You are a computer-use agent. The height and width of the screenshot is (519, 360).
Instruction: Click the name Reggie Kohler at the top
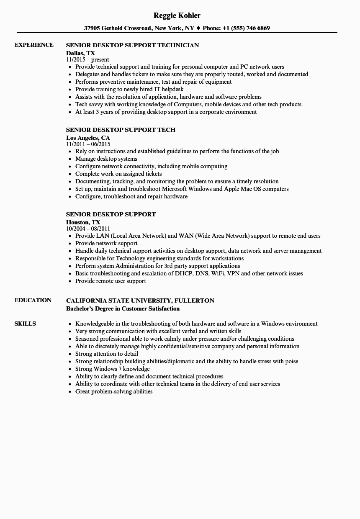177,15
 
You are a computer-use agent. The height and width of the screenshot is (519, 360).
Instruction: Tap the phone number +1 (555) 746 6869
246,28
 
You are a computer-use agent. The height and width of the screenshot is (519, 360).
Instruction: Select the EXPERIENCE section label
34,45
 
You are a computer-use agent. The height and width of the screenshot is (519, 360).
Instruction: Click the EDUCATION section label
33,300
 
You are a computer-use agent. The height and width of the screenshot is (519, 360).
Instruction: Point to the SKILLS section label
25,324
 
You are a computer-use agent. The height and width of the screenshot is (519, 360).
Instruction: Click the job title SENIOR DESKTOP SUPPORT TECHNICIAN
133,45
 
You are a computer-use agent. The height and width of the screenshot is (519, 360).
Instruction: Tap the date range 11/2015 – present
88,60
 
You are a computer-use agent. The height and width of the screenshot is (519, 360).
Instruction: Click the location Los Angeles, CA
88,137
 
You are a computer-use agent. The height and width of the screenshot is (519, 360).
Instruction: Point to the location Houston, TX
83,222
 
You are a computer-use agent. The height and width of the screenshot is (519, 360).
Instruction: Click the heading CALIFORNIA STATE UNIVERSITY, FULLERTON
140,300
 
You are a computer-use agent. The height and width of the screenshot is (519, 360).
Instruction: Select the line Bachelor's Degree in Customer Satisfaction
123,308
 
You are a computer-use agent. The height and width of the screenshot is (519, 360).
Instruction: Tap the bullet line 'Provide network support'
106,243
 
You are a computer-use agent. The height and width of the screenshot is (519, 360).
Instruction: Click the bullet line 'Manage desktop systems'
106,159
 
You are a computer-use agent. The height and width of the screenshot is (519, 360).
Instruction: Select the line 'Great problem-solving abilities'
114,391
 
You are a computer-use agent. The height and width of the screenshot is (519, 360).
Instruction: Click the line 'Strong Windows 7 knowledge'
112,369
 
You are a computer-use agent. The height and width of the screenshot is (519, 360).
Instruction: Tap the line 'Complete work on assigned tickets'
118,174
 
